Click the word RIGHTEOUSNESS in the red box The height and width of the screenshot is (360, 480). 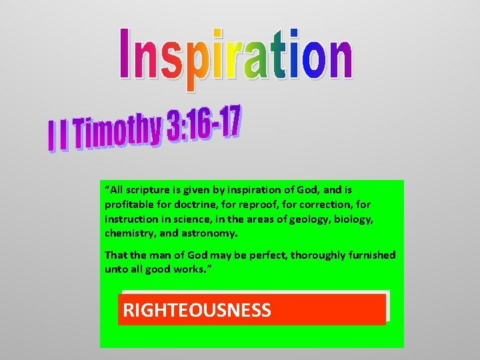click(197, 310)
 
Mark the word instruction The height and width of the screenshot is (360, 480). click(131, 219)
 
